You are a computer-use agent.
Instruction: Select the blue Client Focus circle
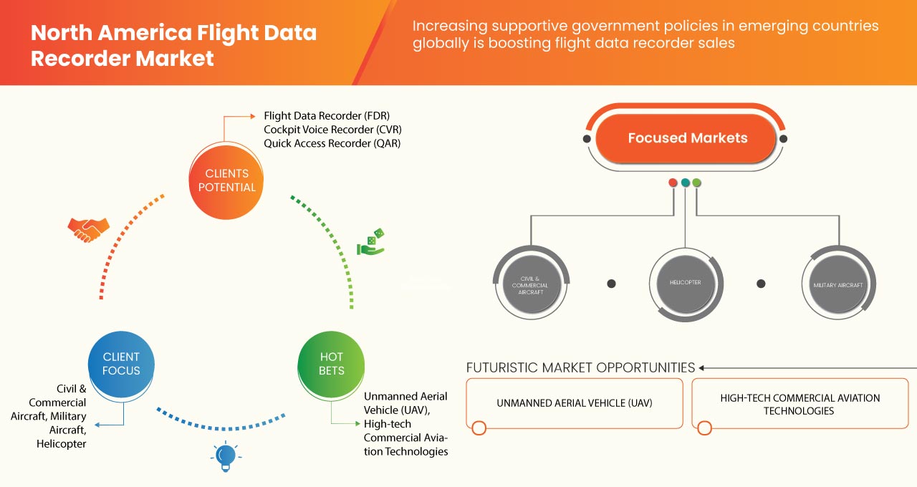click(x=121, y=364)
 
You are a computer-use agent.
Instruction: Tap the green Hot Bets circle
click(x=331, y=364)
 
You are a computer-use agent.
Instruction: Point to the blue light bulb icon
click(x=226, y=455)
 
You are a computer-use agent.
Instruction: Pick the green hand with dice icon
click(x=371, y=243)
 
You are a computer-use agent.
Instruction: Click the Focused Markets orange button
click(x=687, y=138)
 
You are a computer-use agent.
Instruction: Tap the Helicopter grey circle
click(x=686, y=283)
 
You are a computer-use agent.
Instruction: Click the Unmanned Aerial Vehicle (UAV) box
click(x=575, y=403)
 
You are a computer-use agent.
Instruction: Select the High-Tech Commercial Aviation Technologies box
click(x=800, y=404)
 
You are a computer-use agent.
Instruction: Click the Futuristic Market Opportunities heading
click(x=580, y=368)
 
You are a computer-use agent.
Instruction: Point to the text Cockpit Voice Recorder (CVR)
click(x=332, y=130)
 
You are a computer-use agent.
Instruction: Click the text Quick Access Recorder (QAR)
click(x=332, y=143)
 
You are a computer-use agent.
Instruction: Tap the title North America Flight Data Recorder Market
click(x=173, y=44)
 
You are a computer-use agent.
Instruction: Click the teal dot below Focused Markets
click(x=686, y=183)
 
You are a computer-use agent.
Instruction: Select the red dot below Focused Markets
click(x=673, y=183)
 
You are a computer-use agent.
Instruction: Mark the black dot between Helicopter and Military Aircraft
click(x=761, y=284)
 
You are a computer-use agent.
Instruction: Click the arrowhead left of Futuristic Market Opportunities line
click(x=703, y=368)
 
